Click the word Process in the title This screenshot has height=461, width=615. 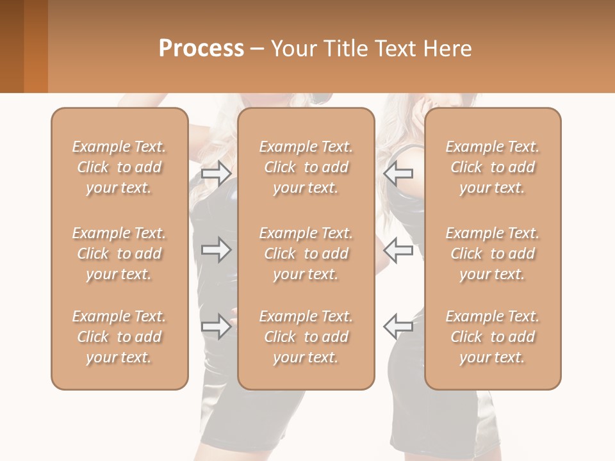201,49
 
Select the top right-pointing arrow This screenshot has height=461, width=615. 216,173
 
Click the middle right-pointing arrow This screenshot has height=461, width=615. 216,250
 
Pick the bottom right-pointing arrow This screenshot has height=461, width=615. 216,326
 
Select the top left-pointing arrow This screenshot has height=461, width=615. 398,173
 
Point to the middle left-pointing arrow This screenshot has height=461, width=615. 398,250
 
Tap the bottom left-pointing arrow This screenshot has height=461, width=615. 398,326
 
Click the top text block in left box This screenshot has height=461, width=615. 119,167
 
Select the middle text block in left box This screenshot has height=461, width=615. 119,254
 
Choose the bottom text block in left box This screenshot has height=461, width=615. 119,337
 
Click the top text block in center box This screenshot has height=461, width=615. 306,167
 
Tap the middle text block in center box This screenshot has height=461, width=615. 306,254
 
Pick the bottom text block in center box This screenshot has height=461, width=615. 306,337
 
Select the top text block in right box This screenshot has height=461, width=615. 493,167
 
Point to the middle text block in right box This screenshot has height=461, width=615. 493,254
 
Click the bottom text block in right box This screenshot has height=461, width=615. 493,337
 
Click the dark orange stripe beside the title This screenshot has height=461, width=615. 36,46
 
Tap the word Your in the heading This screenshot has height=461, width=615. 292,49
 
